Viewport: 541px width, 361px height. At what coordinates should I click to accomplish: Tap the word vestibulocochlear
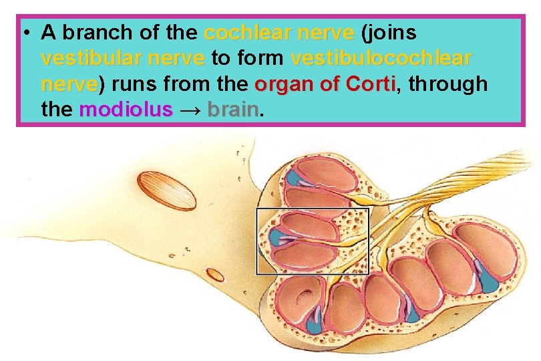381,59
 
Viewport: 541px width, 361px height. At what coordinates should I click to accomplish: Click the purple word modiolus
126,110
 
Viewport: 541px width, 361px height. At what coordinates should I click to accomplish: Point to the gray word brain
232,110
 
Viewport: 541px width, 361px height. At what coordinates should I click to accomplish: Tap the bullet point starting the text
24,33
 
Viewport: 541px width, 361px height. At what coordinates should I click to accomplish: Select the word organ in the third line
281,85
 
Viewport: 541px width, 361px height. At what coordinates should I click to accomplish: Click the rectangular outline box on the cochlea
258,241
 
